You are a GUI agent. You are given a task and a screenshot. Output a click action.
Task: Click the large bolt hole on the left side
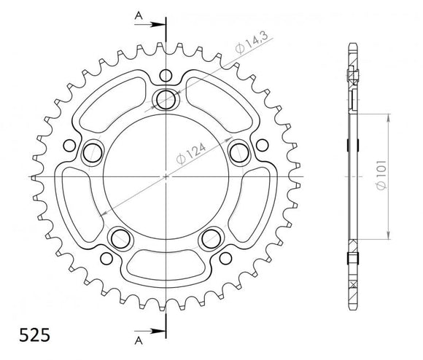coord(93,152)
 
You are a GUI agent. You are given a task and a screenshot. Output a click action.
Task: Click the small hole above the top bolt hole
coord(166,74)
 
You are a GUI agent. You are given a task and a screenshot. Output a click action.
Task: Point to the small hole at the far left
coord(69,144)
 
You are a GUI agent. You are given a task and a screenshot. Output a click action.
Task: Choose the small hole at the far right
coord(263,144)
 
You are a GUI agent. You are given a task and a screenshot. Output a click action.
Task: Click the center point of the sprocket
coord(166,177)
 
